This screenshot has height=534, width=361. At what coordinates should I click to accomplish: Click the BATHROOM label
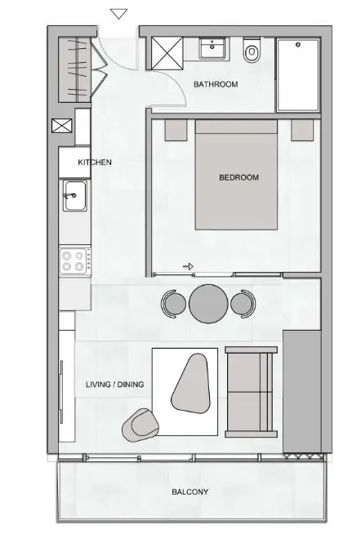(216, 84)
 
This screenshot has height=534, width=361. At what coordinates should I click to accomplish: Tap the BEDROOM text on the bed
(238, 177)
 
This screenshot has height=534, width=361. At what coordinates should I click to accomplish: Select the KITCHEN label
(95, 162)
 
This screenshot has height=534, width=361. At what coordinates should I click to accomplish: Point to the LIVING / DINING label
(116, 383)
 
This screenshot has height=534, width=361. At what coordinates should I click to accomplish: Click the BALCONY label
(190, 492)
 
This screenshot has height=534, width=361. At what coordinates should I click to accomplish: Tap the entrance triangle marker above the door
(119, 13)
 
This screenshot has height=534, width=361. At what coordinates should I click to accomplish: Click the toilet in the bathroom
(252, 53)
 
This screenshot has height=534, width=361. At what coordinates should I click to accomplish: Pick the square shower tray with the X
(166, 55)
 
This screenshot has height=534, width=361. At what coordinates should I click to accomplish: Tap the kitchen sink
(75, 196)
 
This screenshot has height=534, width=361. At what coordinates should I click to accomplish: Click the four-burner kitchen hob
(74, 261)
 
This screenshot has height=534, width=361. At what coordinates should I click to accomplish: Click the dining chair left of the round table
(174, 303)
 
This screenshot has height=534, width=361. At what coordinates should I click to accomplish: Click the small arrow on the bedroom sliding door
(188, 265)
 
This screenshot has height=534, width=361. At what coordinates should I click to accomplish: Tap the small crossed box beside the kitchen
(61, 127)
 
